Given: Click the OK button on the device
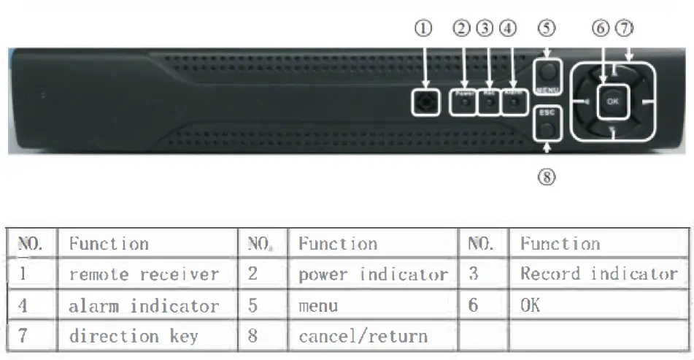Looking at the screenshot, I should (612, 102).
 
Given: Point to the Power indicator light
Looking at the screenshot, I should (464, 103).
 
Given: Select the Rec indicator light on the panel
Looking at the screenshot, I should (488, 103).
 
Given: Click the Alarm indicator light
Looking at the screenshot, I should (514, 103).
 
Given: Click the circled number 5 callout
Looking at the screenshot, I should (547, 28).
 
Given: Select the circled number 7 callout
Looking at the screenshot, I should (624, 28).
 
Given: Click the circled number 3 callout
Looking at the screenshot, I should (485, 28).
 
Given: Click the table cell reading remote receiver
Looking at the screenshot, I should (144, 275).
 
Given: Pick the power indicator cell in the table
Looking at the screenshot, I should (372, 275).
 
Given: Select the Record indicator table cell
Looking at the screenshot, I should (598, 274).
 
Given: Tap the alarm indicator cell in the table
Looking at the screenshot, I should (144, 305).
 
